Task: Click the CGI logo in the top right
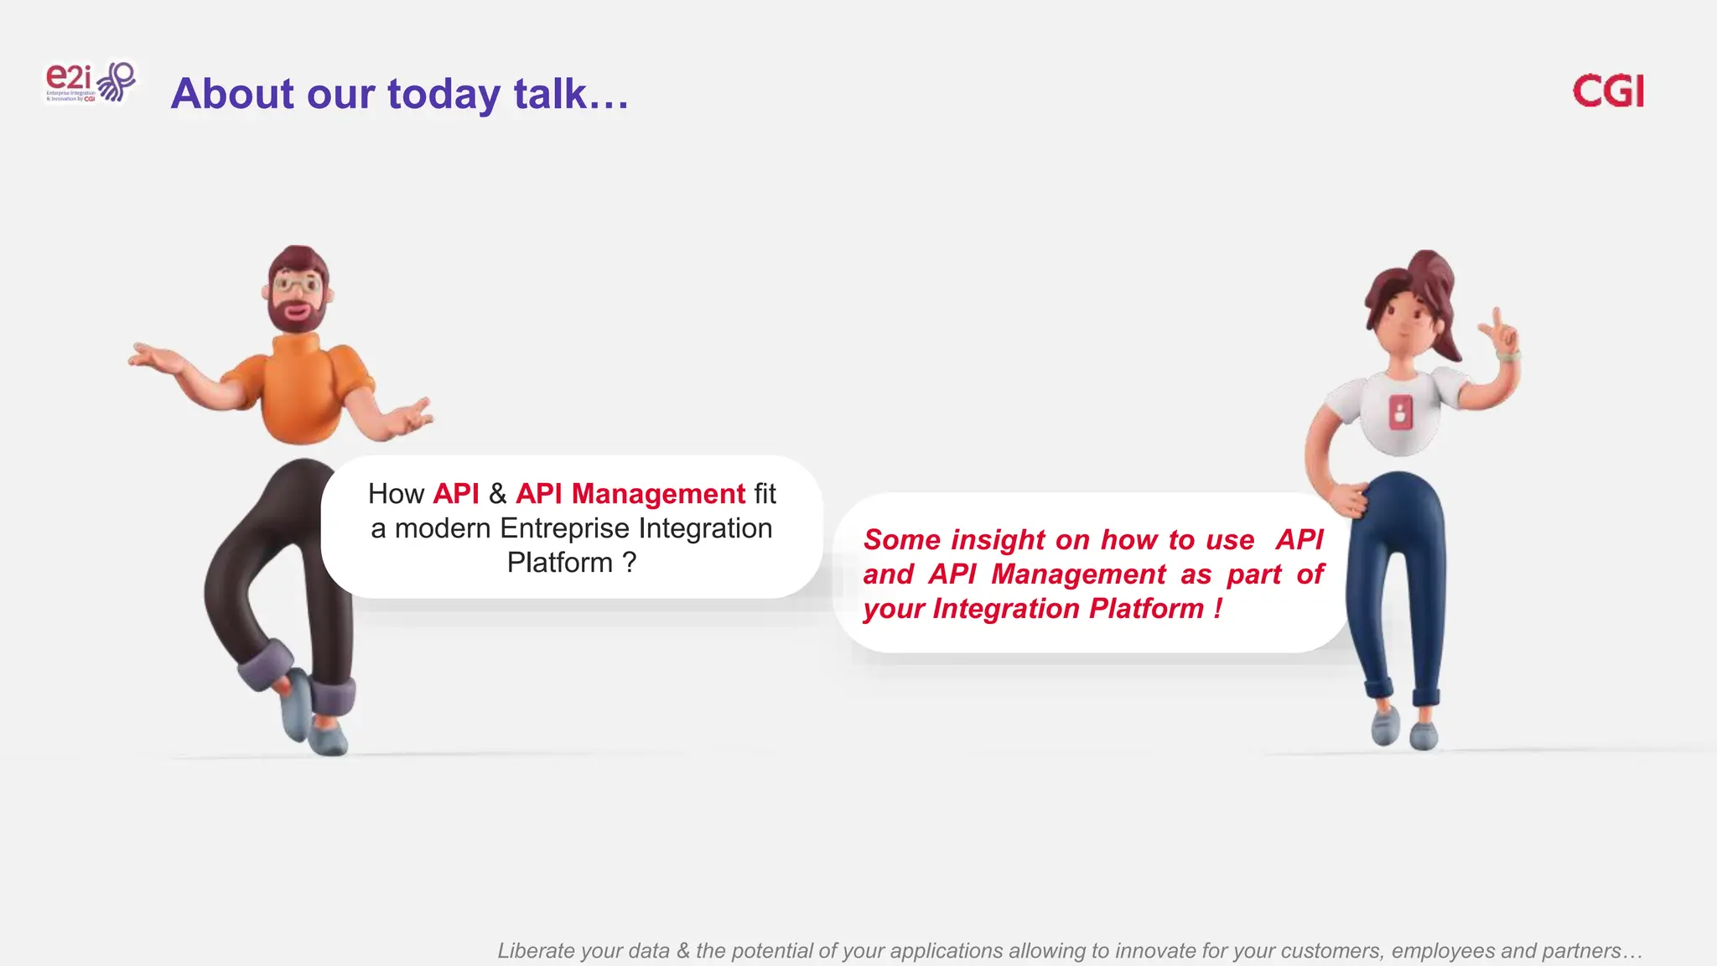tap(1607, 91)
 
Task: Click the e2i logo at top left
tap(89, 82)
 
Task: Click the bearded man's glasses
tap(297, 284)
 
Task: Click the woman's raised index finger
tap(1495, 319)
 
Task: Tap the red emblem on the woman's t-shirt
tap(1400, 413)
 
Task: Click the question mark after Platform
tap(629, 562)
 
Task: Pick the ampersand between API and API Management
tap(497, 494)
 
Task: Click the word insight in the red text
tap(998, 540)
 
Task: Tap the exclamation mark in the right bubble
tap(1217, 608)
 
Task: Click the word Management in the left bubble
tap(658, 494)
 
